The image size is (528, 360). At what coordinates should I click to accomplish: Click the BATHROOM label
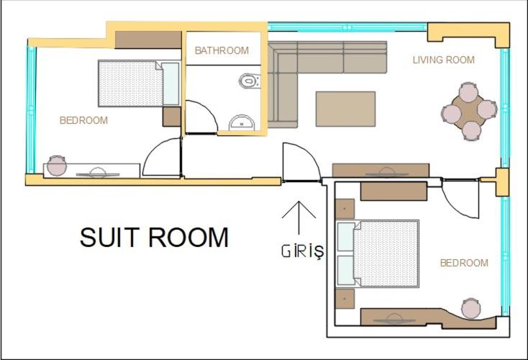(222, 50)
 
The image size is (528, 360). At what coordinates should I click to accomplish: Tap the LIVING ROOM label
(443, 60)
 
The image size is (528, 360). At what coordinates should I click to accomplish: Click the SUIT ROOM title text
(154, 238)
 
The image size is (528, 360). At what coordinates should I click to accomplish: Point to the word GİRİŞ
(302, 252)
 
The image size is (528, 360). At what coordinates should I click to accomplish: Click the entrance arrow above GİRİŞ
(299, 217)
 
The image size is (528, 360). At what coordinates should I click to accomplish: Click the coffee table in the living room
(345, 109)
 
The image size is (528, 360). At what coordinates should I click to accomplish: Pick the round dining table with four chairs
(469, 111)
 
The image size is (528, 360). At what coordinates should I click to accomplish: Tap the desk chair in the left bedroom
(57, 165)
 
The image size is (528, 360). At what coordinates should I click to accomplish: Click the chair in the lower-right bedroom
(471, 307)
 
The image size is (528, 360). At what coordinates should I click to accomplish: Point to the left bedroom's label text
(83, 120)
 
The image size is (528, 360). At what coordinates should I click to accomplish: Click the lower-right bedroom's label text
(464, 263)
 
